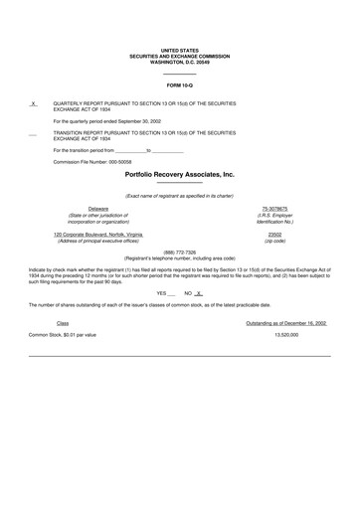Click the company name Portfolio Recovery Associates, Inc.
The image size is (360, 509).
tap(179, 173)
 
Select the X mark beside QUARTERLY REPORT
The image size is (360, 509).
tap(34, 103)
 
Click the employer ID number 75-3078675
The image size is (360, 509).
tap(275, 208)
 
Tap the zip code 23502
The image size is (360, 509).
tap(275, 234)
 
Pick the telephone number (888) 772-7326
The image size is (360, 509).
tap(179, 253)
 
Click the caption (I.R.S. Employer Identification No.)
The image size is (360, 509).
tap(275, 218)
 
